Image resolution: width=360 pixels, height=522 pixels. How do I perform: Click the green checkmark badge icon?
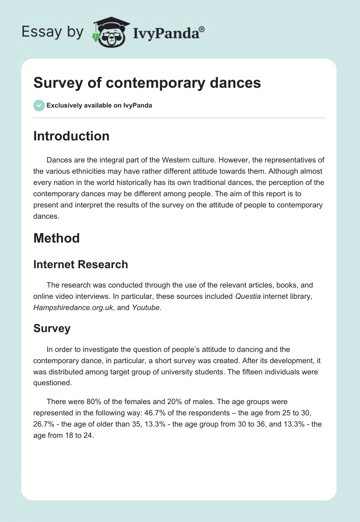(39, 105)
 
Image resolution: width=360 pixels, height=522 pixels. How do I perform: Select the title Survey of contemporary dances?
(147, 83)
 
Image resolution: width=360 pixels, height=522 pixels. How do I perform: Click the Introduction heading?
(71, 136)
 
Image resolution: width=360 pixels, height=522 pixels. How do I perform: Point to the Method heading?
(56, 238)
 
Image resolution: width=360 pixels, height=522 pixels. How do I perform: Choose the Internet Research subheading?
(81, 265)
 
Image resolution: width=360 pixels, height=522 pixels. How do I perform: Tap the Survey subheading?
(52, 328)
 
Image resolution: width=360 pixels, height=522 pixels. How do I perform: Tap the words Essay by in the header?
(53, 32)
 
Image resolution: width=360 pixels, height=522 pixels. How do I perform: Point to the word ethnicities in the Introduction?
(85, 171)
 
